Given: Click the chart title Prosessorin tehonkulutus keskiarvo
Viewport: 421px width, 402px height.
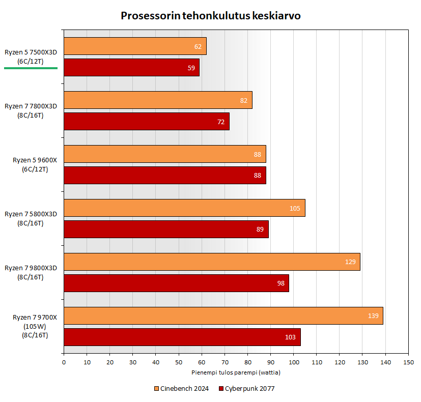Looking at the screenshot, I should tap(210, 16).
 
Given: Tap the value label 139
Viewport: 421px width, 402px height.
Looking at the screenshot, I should tap(373, 316).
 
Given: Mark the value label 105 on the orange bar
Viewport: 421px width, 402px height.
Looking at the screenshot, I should tap(295, 208).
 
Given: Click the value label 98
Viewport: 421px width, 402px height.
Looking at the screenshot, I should tap(280, 283).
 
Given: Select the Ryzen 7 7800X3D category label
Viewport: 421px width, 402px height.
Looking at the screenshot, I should tap(31, 110).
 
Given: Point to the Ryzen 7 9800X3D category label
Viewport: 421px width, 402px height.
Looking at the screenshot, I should tap(31, 272).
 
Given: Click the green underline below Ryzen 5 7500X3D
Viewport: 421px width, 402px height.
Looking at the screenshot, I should tap(31, 68).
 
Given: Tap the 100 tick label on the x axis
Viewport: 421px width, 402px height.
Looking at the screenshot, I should tap(293, 362).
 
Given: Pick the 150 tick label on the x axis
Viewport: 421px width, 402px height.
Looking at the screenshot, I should tap(408, 362).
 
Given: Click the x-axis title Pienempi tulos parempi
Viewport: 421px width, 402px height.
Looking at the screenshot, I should tap(236, 372).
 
